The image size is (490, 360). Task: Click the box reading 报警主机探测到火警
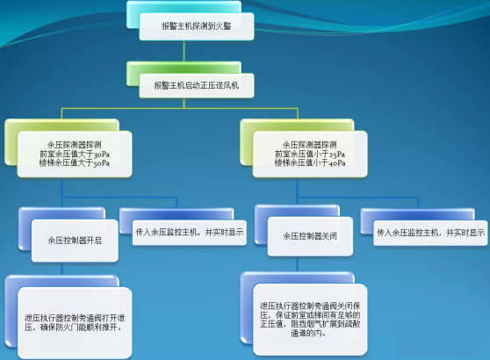196,26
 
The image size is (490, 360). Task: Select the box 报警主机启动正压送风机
196,85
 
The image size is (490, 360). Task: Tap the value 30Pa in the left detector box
102,154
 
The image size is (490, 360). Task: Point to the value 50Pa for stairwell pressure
102,162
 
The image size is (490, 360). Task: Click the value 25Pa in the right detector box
337,154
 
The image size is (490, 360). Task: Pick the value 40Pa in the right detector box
337,162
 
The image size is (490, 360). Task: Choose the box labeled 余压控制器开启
75,241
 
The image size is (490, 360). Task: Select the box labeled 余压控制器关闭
310,236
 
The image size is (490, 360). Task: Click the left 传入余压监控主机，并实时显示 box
190,233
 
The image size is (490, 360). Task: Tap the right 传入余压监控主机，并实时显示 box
430,233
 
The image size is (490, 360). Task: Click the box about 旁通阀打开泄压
75,323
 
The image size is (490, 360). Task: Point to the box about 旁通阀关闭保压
310,320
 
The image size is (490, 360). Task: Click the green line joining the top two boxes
184,51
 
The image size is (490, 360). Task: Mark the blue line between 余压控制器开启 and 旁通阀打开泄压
61,269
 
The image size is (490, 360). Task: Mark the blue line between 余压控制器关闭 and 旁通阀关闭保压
297,264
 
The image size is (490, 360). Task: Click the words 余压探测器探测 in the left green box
75,145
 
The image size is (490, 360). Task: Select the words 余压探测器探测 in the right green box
310,145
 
